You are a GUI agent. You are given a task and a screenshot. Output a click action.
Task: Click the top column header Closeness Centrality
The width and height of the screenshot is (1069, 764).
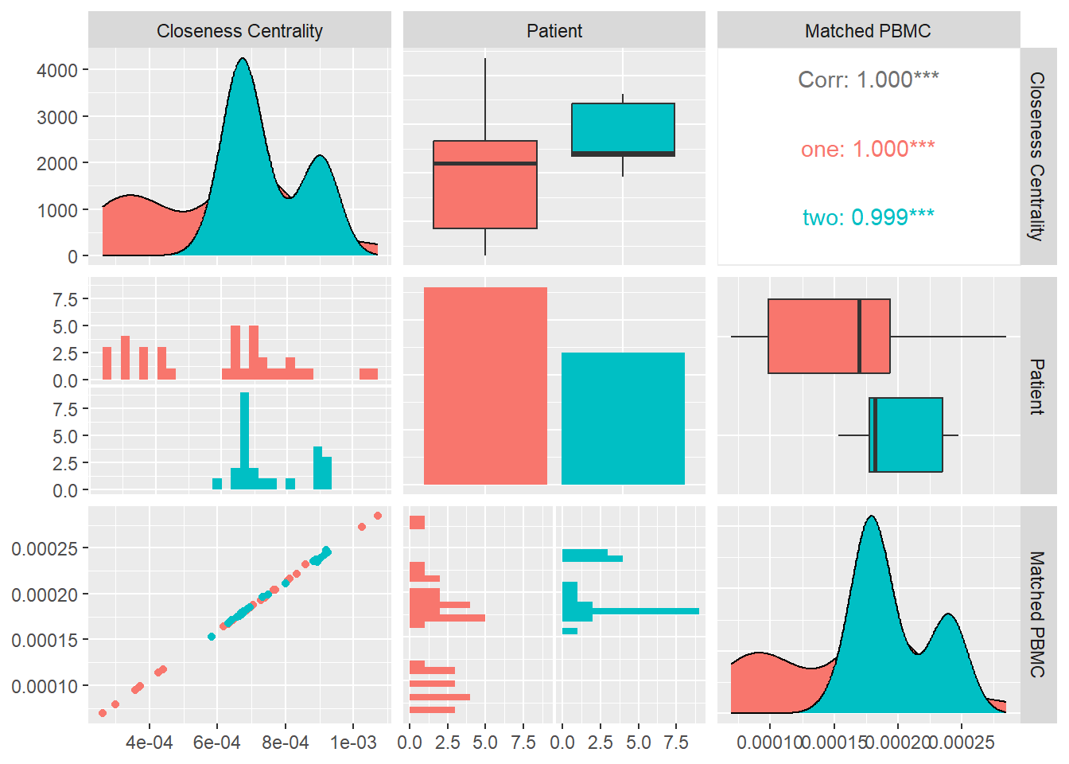click(239, 31)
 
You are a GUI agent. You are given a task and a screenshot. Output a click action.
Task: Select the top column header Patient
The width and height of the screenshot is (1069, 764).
click(554, 31)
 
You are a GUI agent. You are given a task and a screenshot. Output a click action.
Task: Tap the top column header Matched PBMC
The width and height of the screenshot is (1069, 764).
click(868, 31)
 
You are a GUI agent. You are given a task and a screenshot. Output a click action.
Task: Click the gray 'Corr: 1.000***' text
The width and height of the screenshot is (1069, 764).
click(868, 80)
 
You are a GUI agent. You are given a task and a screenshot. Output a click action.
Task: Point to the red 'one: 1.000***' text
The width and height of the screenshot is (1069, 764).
click(868, 149)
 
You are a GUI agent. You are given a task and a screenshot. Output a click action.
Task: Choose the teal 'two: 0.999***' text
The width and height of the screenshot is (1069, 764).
click(868, 217)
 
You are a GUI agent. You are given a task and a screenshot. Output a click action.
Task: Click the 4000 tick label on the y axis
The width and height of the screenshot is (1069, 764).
click(57, 71)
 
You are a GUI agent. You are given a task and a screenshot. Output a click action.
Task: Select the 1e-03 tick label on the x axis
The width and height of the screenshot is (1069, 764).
click(353, 743)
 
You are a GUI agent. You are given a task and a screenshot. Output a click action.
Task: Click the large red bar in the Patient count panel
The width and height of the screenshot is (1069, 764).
click(485, 386)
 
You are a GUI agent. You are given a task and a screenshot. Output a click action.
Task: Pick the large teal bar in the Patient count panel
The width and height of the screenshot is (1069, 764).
click(623, 419)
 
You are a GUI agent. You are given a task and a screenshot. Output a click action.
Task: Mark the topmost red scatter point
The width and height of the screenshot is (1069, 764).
click(378, 516)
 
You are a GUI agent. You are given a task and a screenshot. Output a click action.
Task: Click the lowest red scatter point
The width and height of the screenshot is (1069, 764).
click(103, 713)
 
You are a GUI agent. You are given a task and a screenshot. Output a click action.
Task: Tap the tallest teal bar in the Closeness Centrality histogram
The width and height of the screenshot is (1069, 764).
click(244, 441)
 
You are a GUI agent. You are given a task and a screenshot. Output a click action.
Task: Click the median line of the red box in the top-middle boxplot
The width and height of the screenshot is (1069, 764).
click(485, 163)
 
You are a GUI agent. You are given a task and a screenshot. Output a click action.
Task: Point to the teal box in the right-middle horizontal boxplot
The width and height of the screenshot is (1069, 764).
click(906, 435)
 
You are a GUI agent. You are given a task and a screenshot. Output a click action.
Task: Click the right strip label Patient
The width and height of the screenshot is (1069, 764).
click(1037, 386)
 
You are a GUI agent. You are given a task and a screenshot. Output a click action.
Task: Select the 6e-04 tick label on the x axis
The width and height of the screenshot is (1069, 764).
click(217, 743)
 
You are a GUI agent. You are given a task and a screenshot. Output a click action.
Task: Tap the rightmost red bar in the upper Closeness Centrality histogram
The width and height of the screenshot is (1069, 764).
click(368, 374)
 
